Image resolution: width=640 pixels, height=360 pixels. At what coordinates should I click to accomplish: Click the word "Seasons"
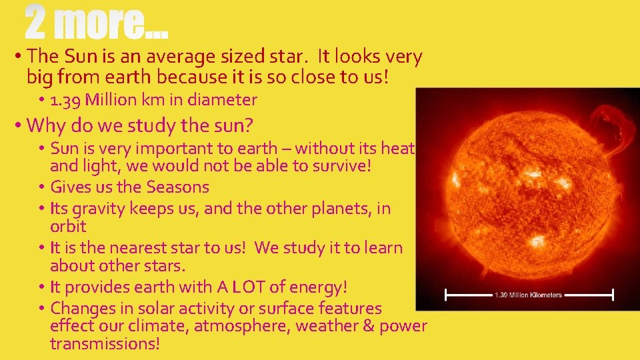[177, 187]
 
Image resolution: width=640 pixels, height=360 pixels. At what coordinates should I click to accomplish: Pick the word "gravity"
[100, 209]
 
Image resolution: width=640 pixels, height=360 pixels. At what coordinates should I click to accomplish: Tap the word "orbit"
[68, 227]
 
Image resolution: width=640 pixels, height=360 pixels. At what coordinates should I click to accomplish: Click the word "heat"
[398, 148]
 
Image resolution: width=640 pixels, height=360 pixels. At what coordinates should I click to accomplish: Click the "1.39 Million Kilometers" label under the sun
[528, 295]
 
